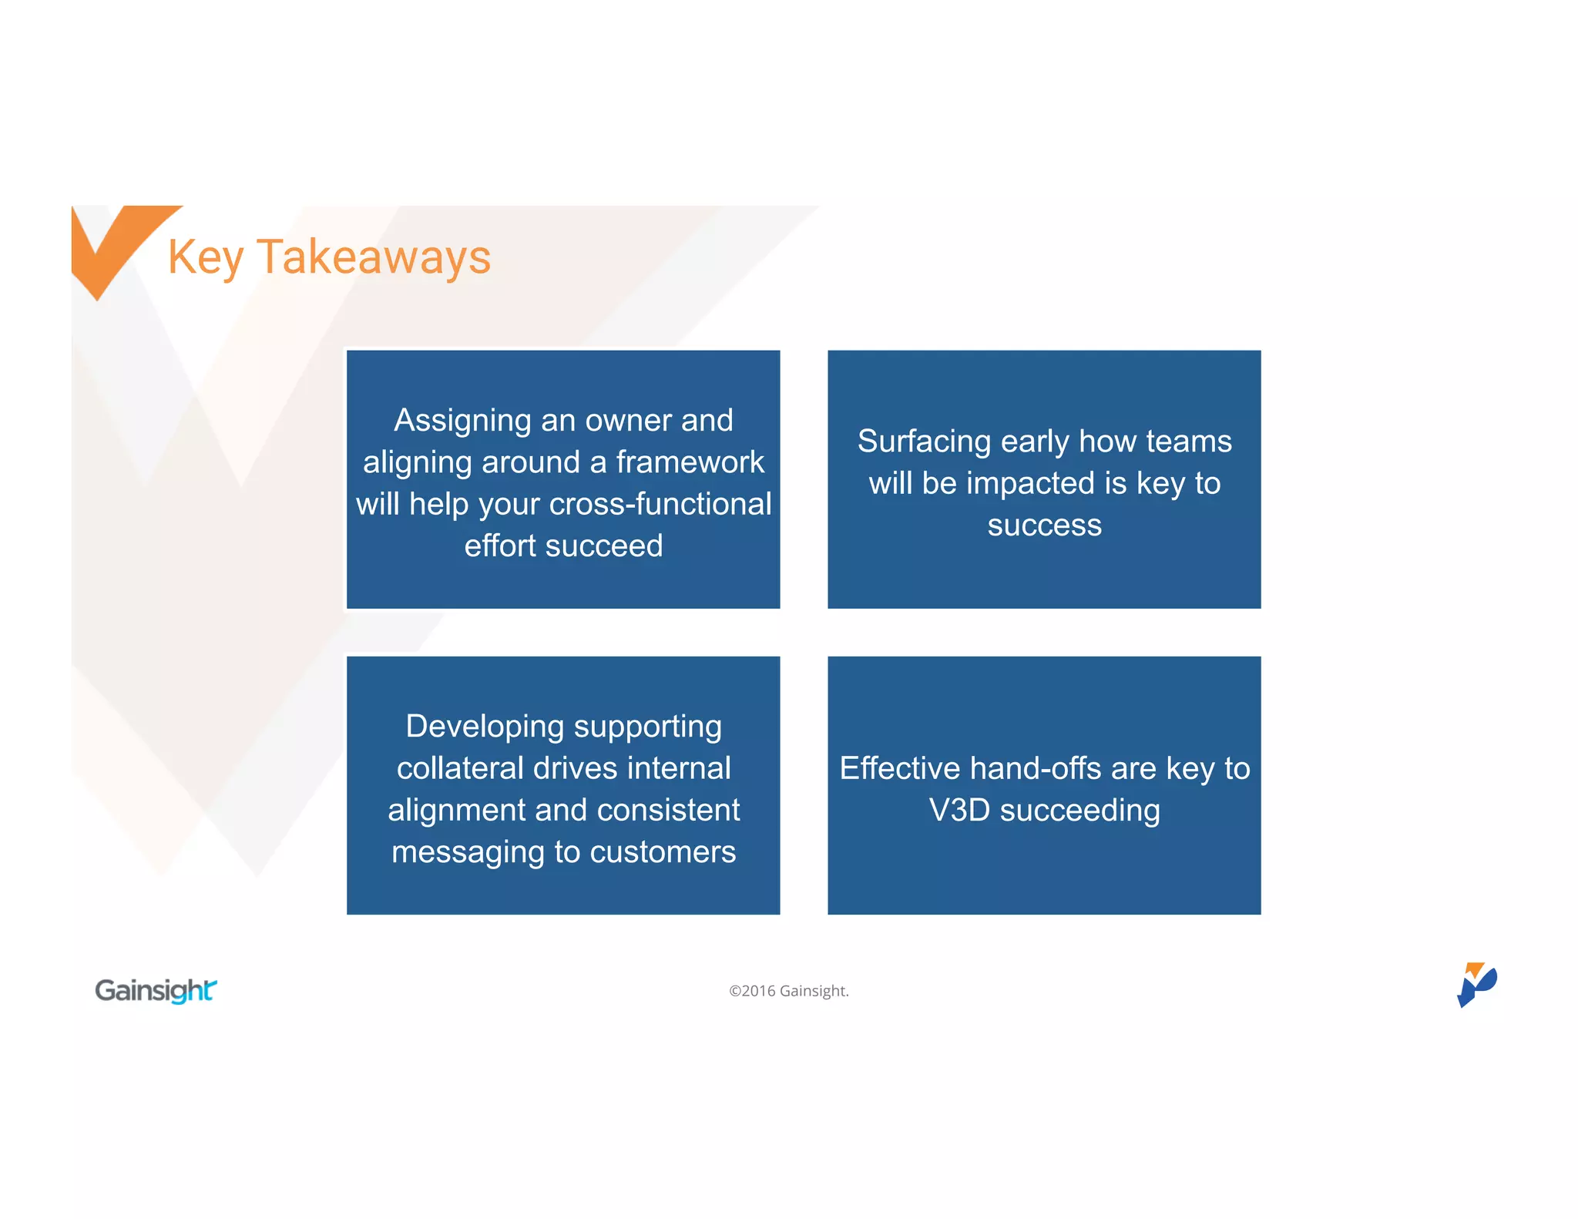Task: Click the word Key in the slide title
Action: [x=206, y=257]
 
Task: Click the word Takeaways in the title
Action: [x=374, y=257]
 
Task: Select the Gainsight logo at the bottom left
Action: [x=156, y=990]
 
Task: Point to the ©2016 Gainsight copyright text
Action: [x=789, y=991]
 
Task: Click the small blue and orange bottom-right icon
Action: [x=1476, y=985]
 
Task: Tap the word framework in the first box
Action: [x=690, y=462]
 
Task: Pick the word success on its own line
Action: [x=1044, y=526]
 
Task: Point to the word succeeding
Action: [x=1079, y=811]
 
